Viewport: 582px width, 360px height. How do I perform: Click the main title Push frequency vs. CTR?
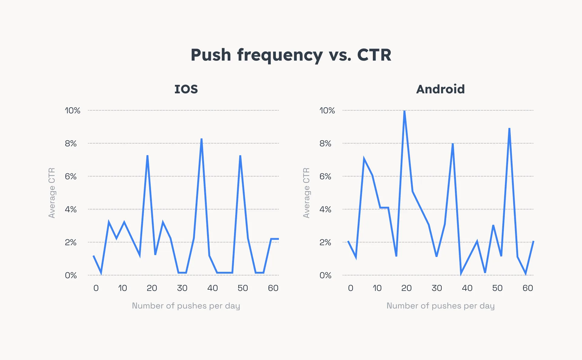click(291, 55)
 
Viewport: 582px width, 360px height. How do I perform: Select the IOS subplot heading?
click(186, 89)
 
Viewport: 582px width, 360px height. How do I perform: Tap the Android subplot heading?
click(440, 89)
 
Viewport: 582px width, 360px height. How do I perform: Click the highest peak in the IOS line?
click(202, 139)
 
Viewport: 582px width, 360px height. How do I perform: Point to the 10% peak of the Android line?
click(404, 111)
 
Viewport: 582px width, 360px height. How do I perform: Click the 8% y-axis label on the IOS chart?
click(71, 143)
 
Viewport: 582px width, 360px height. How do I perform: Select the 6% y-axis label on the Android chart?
click(325, 176)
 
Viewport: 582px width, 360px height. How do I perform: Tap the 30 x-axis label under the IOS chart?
click(182, 288)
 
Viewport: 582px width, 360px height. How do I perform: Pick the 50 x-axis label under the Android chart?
click(497, 288)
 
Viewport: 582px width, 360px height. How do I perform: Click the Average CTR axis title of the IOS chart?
click(52, 193)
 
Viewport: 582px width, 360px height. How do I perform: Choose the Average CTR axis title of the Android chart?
click(306, 193)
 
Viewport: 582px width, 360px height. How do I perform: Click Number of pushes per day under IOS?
click(186, 306)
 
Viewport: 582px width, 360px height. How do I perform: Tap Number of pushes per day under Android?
click(440, 306)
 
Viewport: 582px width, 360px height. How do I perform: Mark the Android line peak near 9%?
click(510, 129)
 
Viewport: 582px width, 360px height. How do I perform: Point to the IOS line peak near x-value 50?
click(240, 156)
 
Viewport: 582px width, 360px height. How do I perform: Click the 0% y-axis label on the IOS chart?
click(71, 275)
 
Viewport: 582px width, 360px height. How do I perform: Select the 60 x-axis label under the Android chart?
click(527, 288)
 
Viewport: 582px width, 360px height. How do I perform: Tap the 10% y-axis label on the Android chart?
click(327, 111)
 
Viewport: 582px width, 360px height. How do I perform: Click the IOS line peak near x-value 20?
click(147, 156)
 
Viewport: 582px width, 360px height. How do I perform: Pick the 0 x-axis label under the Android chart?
click(350, 288)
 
